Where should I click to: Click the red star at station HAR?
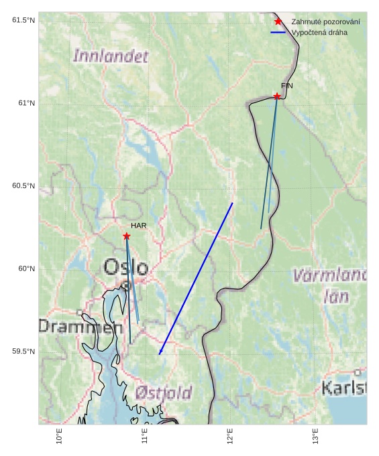click(x=127, y=236)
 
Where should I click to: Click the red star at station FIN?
click(x=277, y=96)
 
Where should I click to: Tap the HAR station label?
click(x=138, y=226)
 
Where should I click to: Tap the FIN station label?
click(x=286, y=86)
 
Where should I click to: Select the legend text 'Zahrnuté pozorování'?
click(x=325, y=22)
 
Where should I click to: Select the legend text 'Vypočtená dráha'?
click(x=319, y=32)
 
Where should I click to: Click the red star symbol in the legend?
click(x=278, y=22)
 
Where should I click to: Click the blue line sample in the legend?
click(x=278, y=32)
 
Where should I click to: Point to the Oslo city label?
click(x=125, y=267)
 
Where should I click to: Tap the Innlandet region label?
click(x=111, y=56)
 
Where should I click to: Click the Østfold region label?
click(x=163, y=392)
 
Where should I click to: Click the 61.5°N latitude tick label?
click(x=23, y=20)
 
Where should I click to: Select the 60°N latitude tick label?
click(x=25, y=269)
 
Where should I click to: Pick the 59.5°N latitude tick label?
click(x=23, y=352)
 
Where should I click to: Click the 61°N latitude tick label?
click(x=25, y=102)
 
